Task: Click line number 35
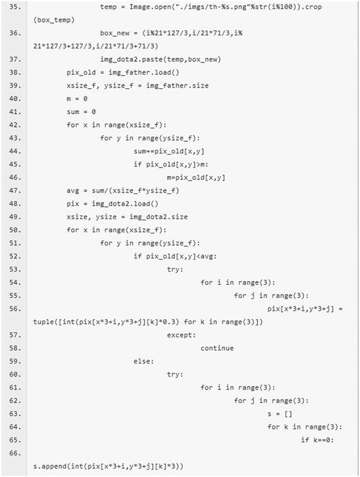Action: point(15,6)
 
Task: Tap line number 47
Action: point(15,190)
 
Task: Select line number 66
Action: point(15,453)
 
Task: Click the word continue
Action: point(217,348)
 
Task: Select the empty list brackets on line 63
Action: point(288,414)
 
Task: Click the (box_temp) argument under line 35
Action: point(54,20)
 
